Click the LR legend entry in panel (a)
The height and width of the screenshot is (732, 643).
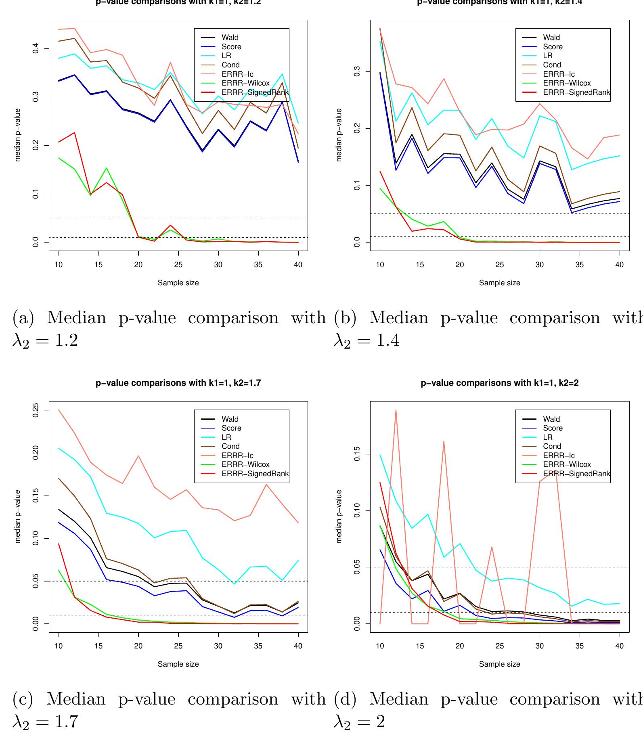click(x=226, y=56)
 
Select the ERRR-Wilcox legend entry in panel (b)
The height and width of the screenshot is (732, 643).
click(x=567, y=83)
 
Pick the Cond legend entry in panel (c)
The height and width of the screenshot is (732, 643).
click(x=230, y=446)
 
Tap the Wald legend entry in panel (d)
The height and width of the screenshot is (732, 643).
click(x=551, y=419)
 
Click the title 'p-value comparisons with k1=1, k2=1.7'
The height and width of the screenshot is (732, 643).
click(x=178, y=383)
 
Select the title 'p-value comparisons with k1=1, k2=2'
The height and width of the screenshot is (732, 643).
click(x=500, y=383)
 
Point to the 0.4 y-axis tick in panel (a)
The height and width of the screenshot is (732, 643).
click(x=36, y=49)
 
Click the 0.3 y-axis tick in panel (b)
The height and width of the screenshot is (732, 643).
click(x=357, y=72)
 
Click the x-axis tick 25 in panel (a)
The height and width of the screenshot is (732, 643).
click(x=178, y=265)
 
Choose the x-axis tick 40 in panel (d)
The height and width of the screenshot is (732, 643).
click(x=619, y=646)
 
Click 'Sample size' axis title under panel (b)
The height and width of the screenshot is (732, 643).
click(x=500, y=283)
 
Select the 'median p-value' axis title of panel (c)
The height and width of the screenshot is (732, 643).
click(x=18, y=517)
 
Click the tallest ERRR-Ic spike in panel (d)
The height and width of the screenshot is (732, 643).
click(x=396, y=410)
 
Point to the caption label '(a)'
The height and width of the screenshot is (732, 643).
click(x=23, y=318)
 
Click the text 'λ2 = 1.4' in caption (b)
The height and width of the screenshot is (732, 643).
click(x=367, y=340)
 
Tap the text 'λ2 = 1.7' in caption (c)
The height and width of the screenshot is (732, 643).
click(x=45, y=722)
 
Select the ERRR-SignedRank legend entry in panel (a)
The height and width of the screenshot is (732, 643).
click(x=255, y=92)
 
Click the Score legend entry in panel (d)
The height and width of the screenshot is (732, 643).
click(x=553, y=428)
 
